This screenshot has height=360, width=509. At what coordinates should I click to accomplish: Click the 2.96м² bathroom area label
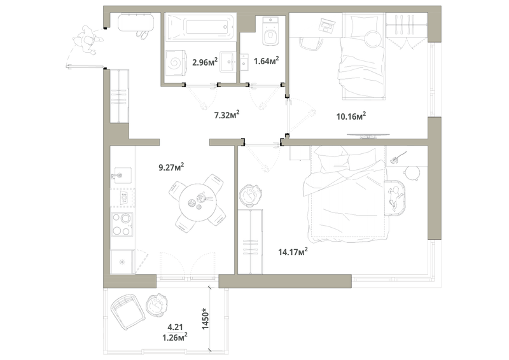pos(205,61)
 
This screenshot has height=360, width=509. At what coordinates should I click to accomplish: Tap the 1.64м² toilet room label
pos(267,60)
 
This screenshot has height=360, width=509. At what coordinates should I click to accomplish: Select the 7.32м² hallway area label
pos(227,114)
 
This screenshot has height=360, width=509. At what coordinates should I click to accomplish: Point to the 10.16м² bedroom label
pos(351,116)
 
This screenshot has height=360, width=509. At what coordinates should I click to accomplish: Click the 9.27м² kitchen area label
pos(171,167)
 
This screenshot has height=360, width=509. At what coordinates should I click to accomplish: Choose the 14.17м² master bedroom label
pos(293,251)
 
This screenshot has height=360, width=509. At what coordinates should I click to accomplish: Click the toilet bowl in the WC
pos(270,32)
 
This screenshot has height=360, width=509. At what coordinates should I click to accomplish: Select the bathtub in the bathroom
pos(200,27)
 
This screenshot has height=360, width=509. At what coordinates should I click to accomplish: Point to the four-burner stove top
pos(122,224)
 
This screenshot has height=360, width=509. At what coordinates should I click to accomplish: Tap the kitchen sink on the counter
pos(121,176)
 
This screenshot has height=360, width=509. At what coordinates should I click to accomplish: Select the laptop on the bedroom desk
pos(327,25)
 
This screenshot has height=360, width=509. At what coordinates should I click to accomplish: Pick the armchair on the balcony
pos(128,312)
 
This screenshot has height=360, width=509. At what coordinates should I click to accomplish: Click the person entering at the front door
pos(87,40)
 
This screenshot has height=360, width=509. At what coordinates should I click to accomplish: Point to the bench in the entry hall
pos(136,22)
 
